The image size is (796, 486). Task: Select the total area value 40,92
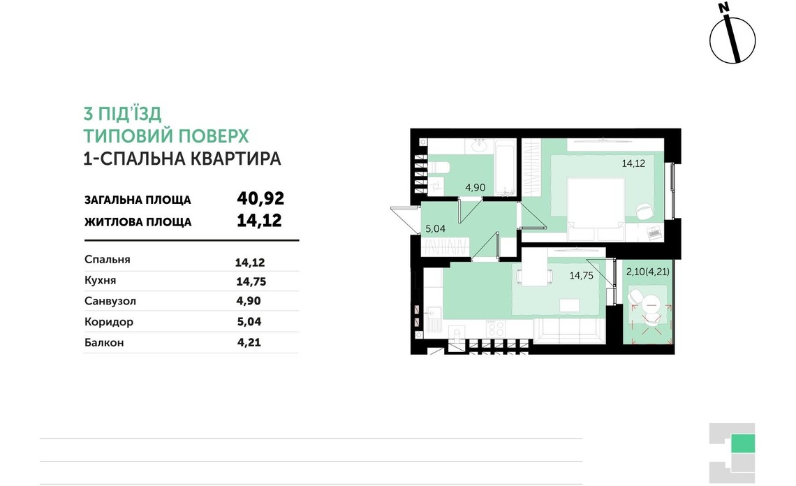(261, 199)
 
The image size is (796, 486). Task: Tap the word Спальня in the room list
(107, 260)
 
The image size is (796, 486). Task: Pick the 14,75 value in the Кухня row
(251, 282)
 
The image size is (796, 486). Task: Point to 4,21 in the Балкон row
(249, 343)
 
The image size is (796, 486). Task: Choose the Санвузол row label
(110, 301)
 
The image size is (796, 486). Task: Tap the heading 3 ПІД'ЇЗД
(122, 114)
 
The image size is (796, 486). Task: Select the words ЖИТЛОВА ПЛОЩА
(137, 222)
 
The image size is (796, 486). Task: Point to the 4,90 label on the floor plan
(476, 187)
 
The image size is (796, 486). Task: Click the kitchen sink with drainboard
(433, 322)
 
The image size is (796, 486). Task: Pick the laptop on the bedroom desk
(654, 233)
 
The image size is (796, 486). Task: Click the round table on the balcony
(651, 303)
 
